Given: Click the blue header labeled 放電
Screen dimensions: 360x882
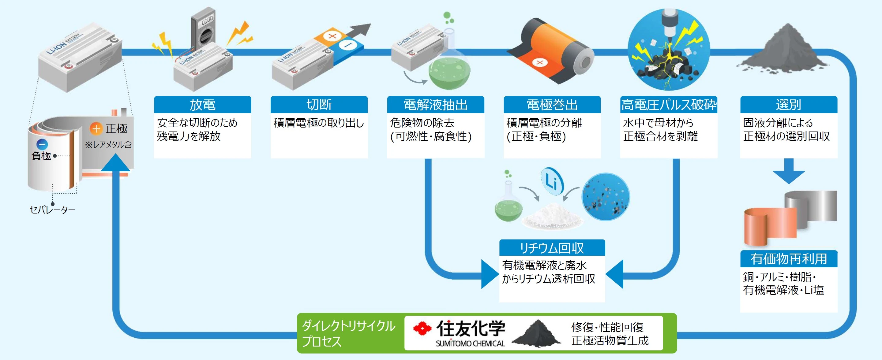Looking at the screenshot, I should tap(202, 105).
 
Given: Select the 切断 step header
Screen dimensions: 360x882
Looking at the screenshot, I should tap(319, 105).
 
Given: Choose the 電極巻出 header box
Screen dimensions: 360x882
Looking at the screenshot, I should tap(552, 105).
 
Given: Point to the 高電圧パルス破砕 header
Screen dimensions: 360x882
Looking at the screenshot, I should tap(669, 105).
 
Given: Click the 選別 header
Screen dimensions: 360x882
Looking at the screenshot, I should tap(789, 105).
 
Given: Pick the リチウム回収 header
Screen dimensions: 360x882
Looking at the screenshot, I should tap(552, 248).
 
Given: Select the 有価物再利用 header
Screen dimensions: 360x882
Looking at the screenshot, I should tap(789, 259).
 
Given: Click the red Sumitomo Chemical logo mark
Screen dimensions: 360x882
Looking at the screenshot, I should tap(422, 328).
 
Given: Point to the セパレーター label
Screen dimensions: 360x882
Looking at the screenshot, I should tap(52, 210).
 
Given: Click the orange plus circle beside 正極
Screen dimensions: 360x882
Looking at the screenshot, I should tap(96, 129).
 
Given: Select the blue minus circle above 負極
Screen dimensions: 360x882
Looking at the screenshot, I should tap(42, 144).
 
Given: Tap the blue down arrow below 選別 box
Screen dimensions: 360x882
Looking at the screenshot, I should tap(789, 171).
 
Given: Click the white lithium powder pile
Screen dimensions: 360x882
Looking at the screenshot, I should tap(552, 216).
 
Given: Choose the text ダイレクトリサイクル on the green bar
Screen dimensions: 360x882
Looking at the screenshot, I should tap(349, 326).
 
